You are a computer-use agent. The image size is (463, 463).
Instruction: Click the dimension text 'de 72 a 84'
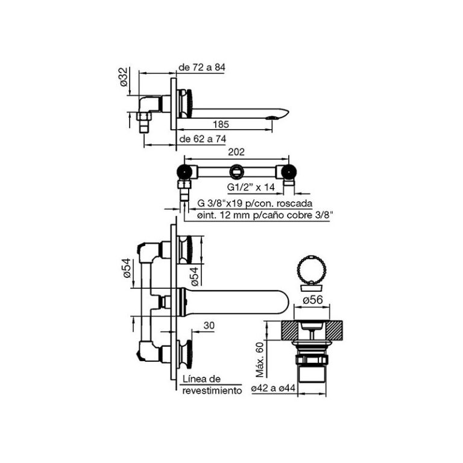tap(202, 68)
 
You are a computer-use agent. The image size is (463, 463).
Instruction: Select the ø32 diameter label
tap(124, 79)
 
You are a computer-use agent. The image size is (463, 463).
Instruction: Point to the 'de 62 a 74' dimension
tap(202, 139)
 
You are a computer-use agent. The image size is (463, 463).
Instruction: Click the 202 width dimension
tap(236, 154)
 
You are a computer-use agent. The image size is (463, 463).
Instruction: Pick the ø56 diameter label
tap(313, 300)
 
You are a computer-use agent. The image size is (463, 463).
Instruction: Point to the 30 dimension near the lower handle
tap(209, 326)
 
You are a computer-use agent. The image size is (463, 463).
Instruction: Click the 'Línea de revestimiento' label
tap(211, 384)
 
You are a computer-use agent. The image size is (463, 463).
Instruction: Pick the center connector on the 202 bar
tap(238, 169)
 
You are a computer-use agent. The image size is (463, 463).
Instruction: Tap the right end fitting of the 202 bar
tap(290, 171)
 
